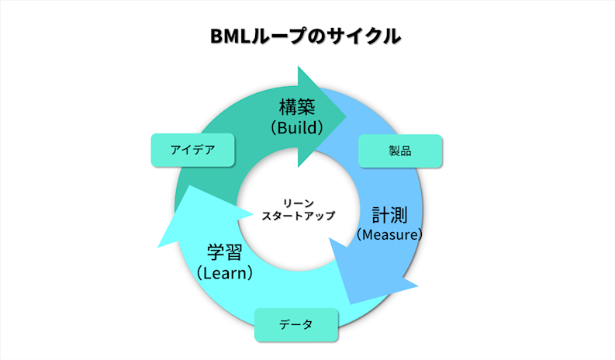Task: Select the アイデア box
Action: pos(192,151)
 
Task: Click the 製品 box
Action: pos(400,151)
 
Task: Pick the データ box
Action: pos(296,325)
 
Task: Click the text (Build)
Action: pos(297,126)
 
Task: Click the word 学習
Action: pos(225,253)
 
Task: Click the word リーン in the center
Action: pos(298,202)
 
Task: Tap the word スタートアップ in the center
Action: pos(298,216)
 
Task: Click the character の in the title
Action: pos(318,36)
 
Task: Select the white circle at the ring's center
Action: pos(298,233)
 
